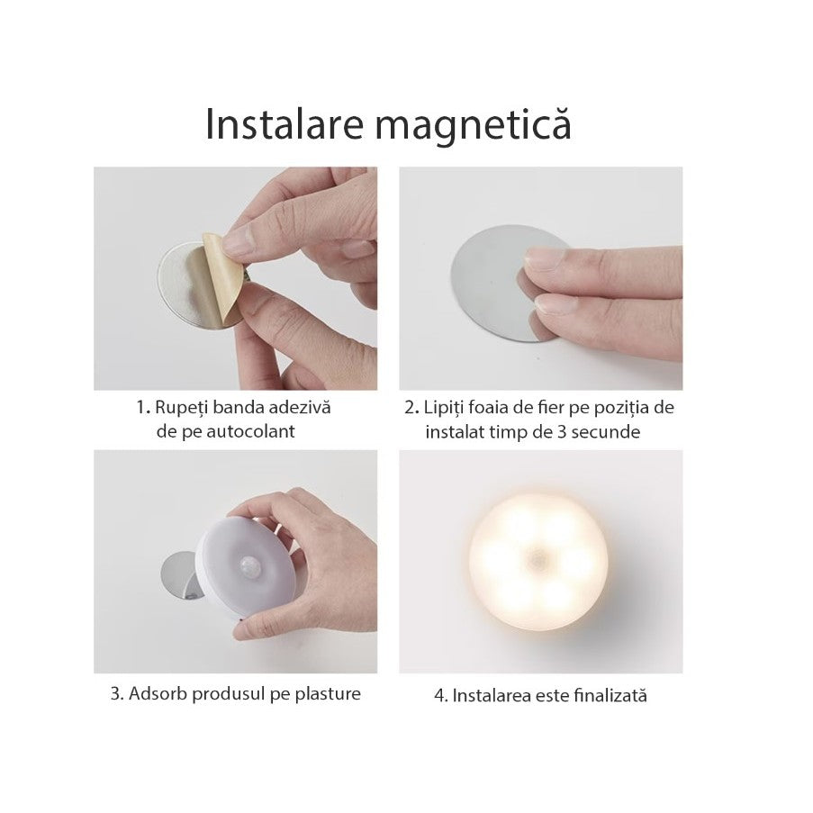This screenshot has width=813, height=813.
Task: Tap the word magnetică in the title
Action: click(474, 125)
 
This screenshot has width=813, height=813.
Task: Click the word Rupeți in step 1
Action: click(181, 407)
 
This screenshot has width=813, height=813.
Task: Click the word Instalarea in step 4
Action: click(492, 696)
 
